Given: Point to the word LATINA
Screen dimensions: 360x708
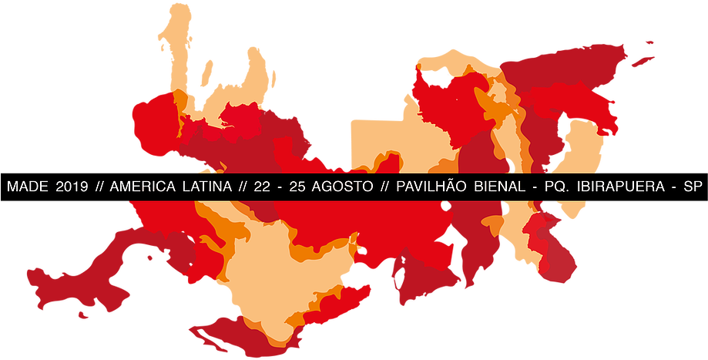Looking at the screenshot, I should click(210, 187).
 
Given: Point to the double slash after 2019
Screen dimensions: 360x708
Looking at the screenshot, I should click(100, 187).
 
